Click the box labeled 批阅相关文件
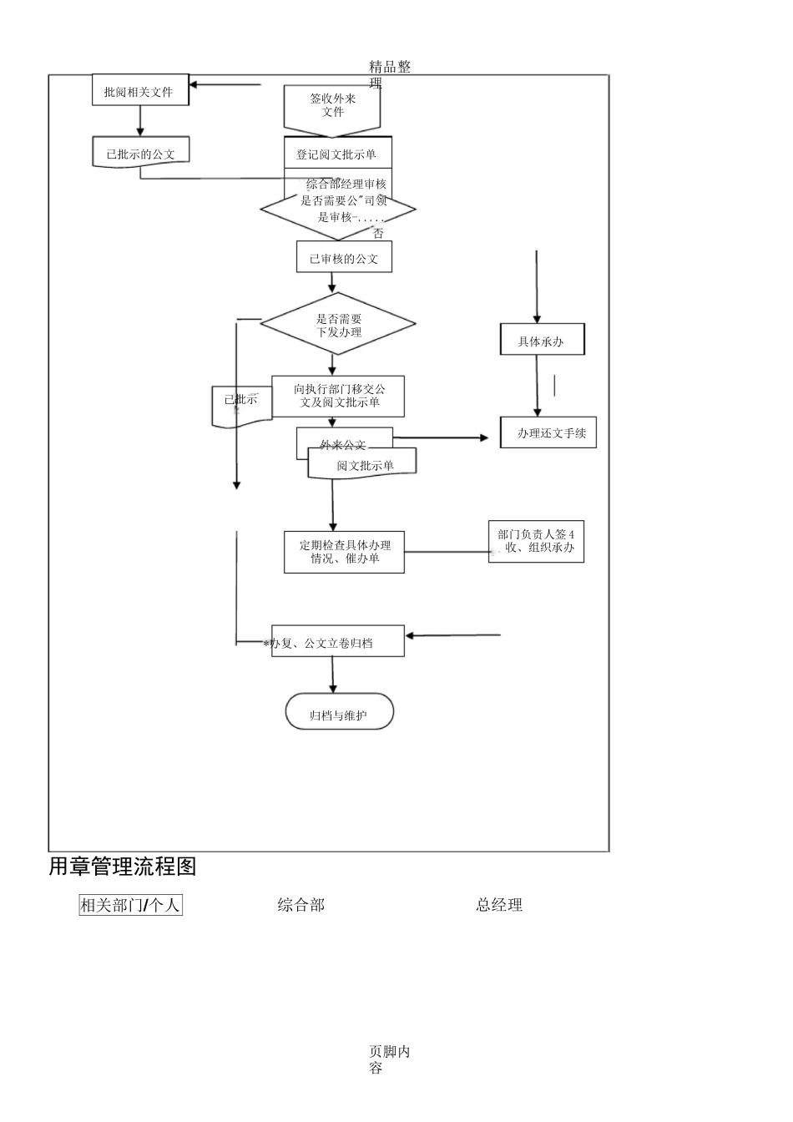pos(140,91)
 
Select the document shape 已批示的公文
pos(140,154)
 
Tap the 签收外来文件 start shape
pos(332,107)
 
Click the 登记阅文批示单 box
pos(337,154)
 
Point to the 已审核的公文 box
pos(344,258)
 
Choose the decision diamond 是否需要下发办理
pos(338,324)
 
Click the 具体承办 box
pos(542,341)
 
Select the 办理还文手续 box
pos(548,432)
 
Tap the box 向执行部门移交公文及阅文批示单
pos(338,396)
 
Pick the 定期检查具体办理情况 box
pos(344,552)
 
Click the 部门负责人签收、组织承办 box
pos(536,541)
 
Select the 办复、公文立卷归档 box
pos(338,641)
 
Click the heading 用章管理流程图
pos(123,867)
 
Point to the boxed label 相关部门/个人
pos(130,905)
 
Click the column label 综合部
pos(301,904)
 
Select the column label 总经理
pos(499,904)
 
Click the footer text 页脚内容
pos(389,1059)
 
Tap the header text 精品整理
pos(389,73)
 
